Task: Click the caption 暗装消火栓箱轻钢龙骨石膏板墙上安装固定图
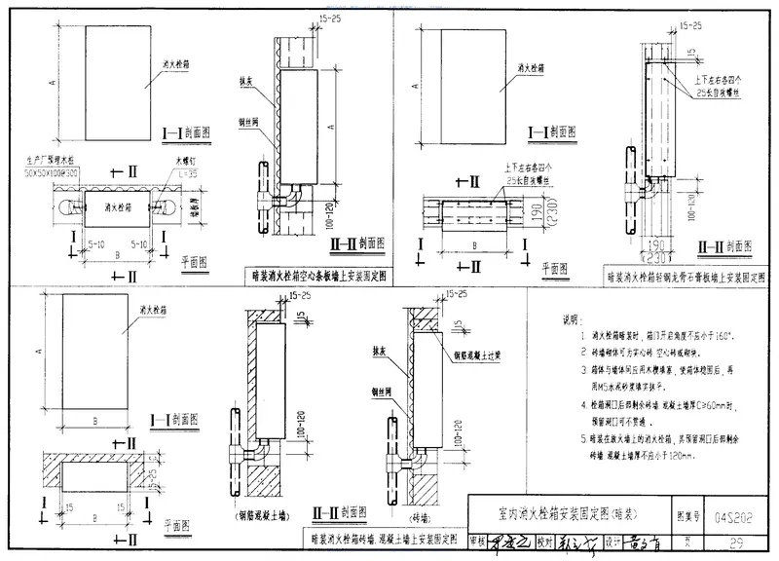click(x=687, y=276)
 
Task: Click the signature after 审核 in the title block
click(x=509, y=541)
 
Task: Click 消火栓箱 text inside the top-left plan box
click(x=108, y=206)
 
